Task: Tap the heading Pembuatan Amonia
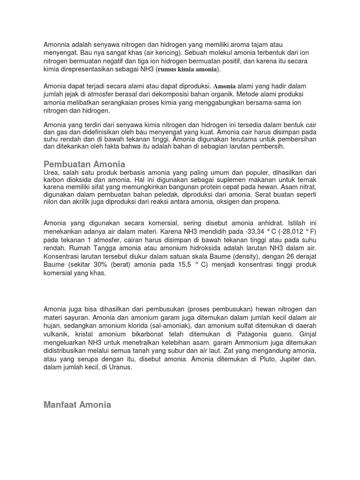coord(84,164)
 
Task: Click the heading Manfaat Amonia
coord(77,405)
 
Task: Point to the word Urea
coord(51,172)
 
